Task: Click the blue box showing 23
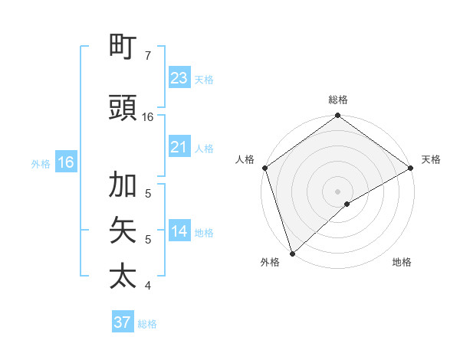(179, 77)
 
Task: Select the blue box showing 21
(179, 147)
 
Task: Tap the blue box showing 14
(179, 231)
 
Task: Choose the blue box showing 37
(123, 322)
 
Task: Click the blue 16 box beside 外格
(66, 162)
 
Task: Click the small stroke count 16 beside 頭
(148, 116)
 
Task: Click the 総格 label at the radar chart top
(337, 100)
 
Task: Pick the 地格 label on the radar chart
(402, 262)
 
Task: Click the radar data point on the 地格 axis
(347, 204)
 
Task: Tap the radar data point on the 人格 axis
(264, 168)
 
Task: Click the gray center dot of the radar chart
(337, 191)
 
